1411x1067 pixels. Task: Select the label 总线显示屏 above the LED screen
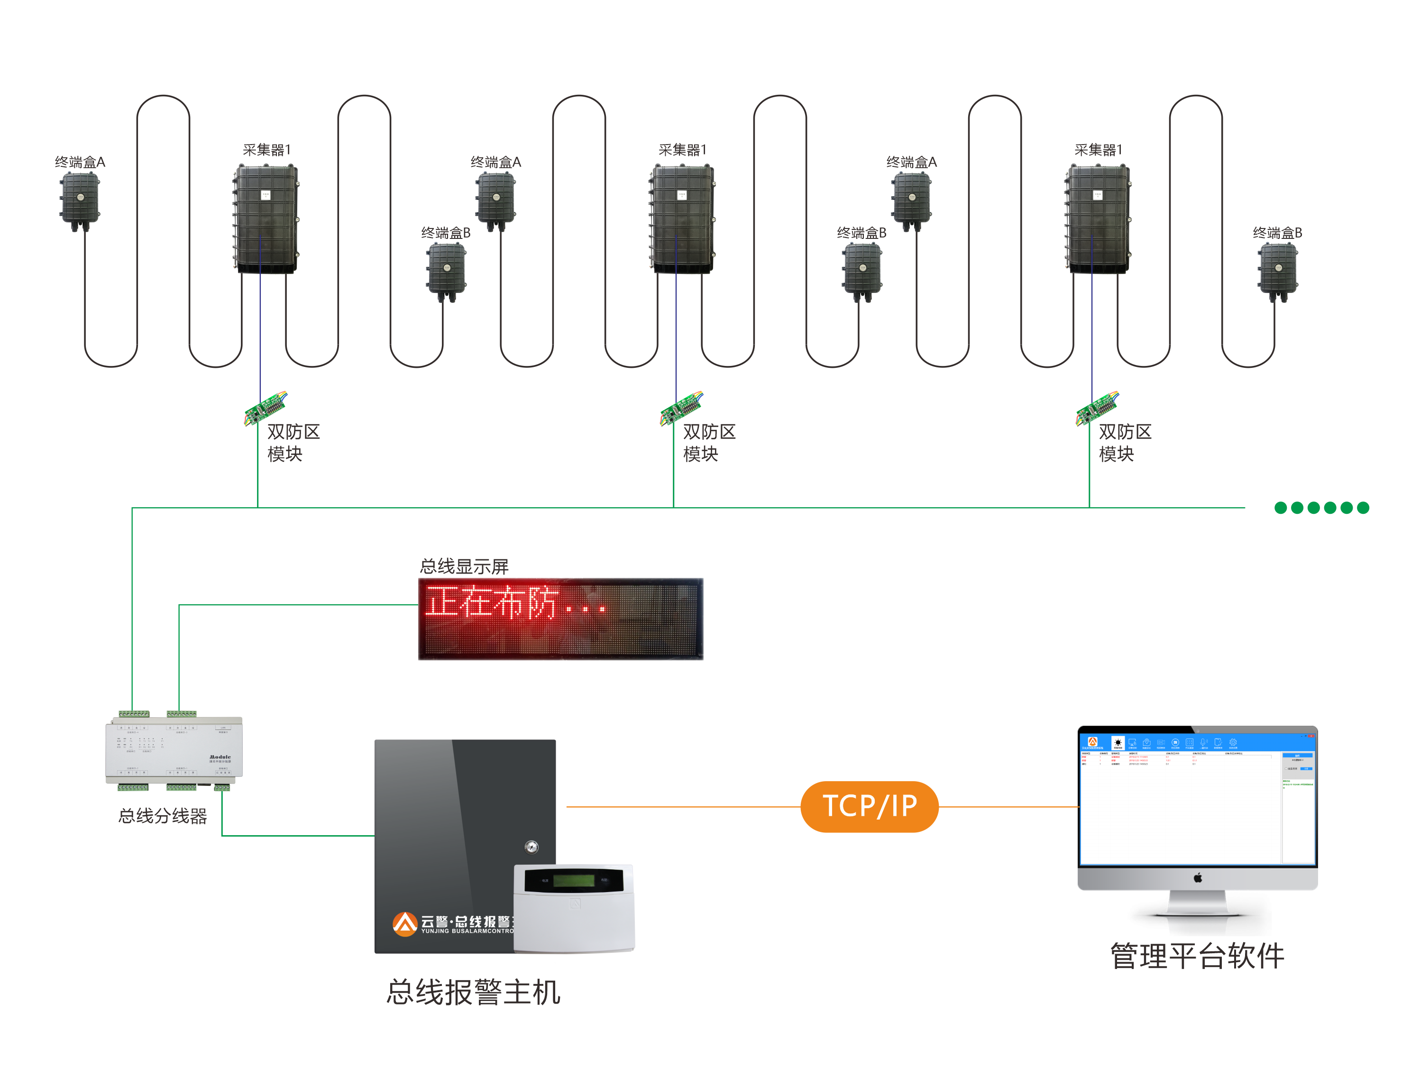point(464,566)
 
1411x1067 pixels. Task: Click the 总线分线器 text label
point(163,816)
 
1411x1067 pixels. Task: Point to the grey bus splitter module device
point(174,751)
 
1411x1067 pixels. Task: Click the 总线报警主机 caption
point(473,993)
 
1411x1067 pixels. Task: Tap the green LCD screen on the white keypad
point(574,881)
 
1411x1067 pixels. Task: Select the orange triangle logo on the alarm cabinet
point(404,923)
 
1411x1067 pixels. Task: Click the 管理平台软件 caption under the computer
point(1197,957)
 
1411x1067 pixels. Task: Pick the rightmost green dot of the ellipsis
point(1363,508)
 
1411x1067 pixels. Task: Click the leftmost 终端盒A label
point(80,162)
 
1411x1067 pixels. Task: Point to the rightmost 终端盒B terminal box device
point(1278,271)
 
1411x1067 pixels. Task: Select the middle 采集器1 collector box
point(681,219)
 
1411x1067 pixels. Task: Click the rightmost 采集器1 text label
point(1098,150)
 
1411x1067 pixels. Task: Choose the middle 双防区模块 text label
point(709,443)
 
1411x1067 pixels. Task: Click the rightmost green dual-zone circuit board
point(1097,408)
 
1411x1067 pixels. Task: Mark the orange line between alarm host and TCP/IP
point(683,807)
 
